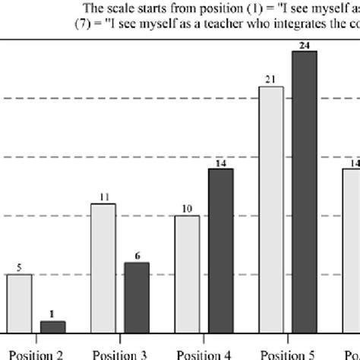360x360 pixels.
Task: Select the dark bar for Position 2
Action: [52, 326]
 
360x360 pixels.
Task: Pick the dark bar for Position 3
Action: [137, 297]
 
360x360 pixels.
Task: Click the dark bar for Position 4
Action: [220, 250]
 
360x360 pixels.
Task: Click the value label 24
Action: [305, 46]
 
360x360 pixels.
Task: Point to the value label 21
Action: [271, 80]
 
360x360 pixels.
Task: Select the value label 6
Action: [137, 257]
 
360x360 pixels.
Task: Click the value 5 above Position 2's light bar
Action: [19, 268]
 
